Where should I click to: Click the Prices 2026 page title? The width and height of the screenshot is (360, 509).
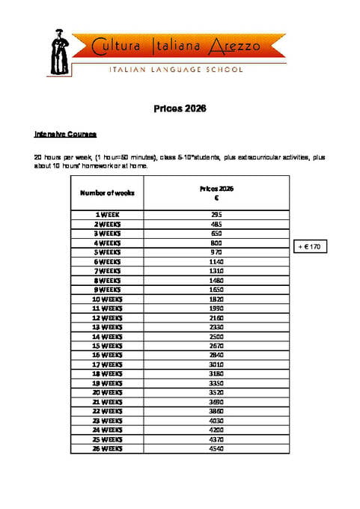tap(180, 109)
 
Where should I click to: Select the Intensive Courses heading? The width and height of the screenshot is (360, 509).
tap(65, 135)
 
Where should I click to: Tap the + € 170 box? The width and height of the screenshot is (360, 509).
tap(308, 246)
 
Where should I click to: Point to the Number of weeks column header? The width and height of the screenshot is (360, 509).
tap(107, 192)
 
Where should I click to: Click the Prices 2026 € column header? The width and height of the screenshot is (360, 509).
tap(216, 193)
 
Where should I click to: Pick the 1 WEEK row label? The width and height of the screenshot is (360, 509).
tap(107, 215)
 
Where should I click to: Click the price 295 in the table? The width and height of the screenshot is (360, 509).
tap(216, 215)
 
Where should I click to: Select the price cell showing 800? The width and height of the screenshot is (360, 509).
tap(216, 243)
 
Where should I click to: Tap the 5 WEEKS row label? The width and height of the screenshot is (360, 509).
tap(107, 252)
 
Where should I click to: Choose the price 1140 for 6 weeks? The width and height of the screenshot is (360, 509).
tap(216, 261)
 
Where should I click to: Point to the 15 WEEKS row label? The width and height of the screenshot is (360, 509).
tap(107, 346)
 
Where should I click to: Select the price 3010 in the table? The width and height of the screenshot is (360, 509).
tap(216, 365)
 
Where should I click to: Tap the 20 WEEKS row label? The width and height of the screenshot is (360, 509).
tap(107, 392)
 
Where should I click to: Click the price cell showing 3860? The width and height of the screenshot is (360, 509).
tap(216, 411)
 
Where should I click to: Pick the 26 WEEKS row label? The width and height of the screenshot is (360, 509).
tap(107, 448)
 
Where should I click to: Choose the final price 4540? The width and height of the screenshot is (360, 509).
tap(216, 448)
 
